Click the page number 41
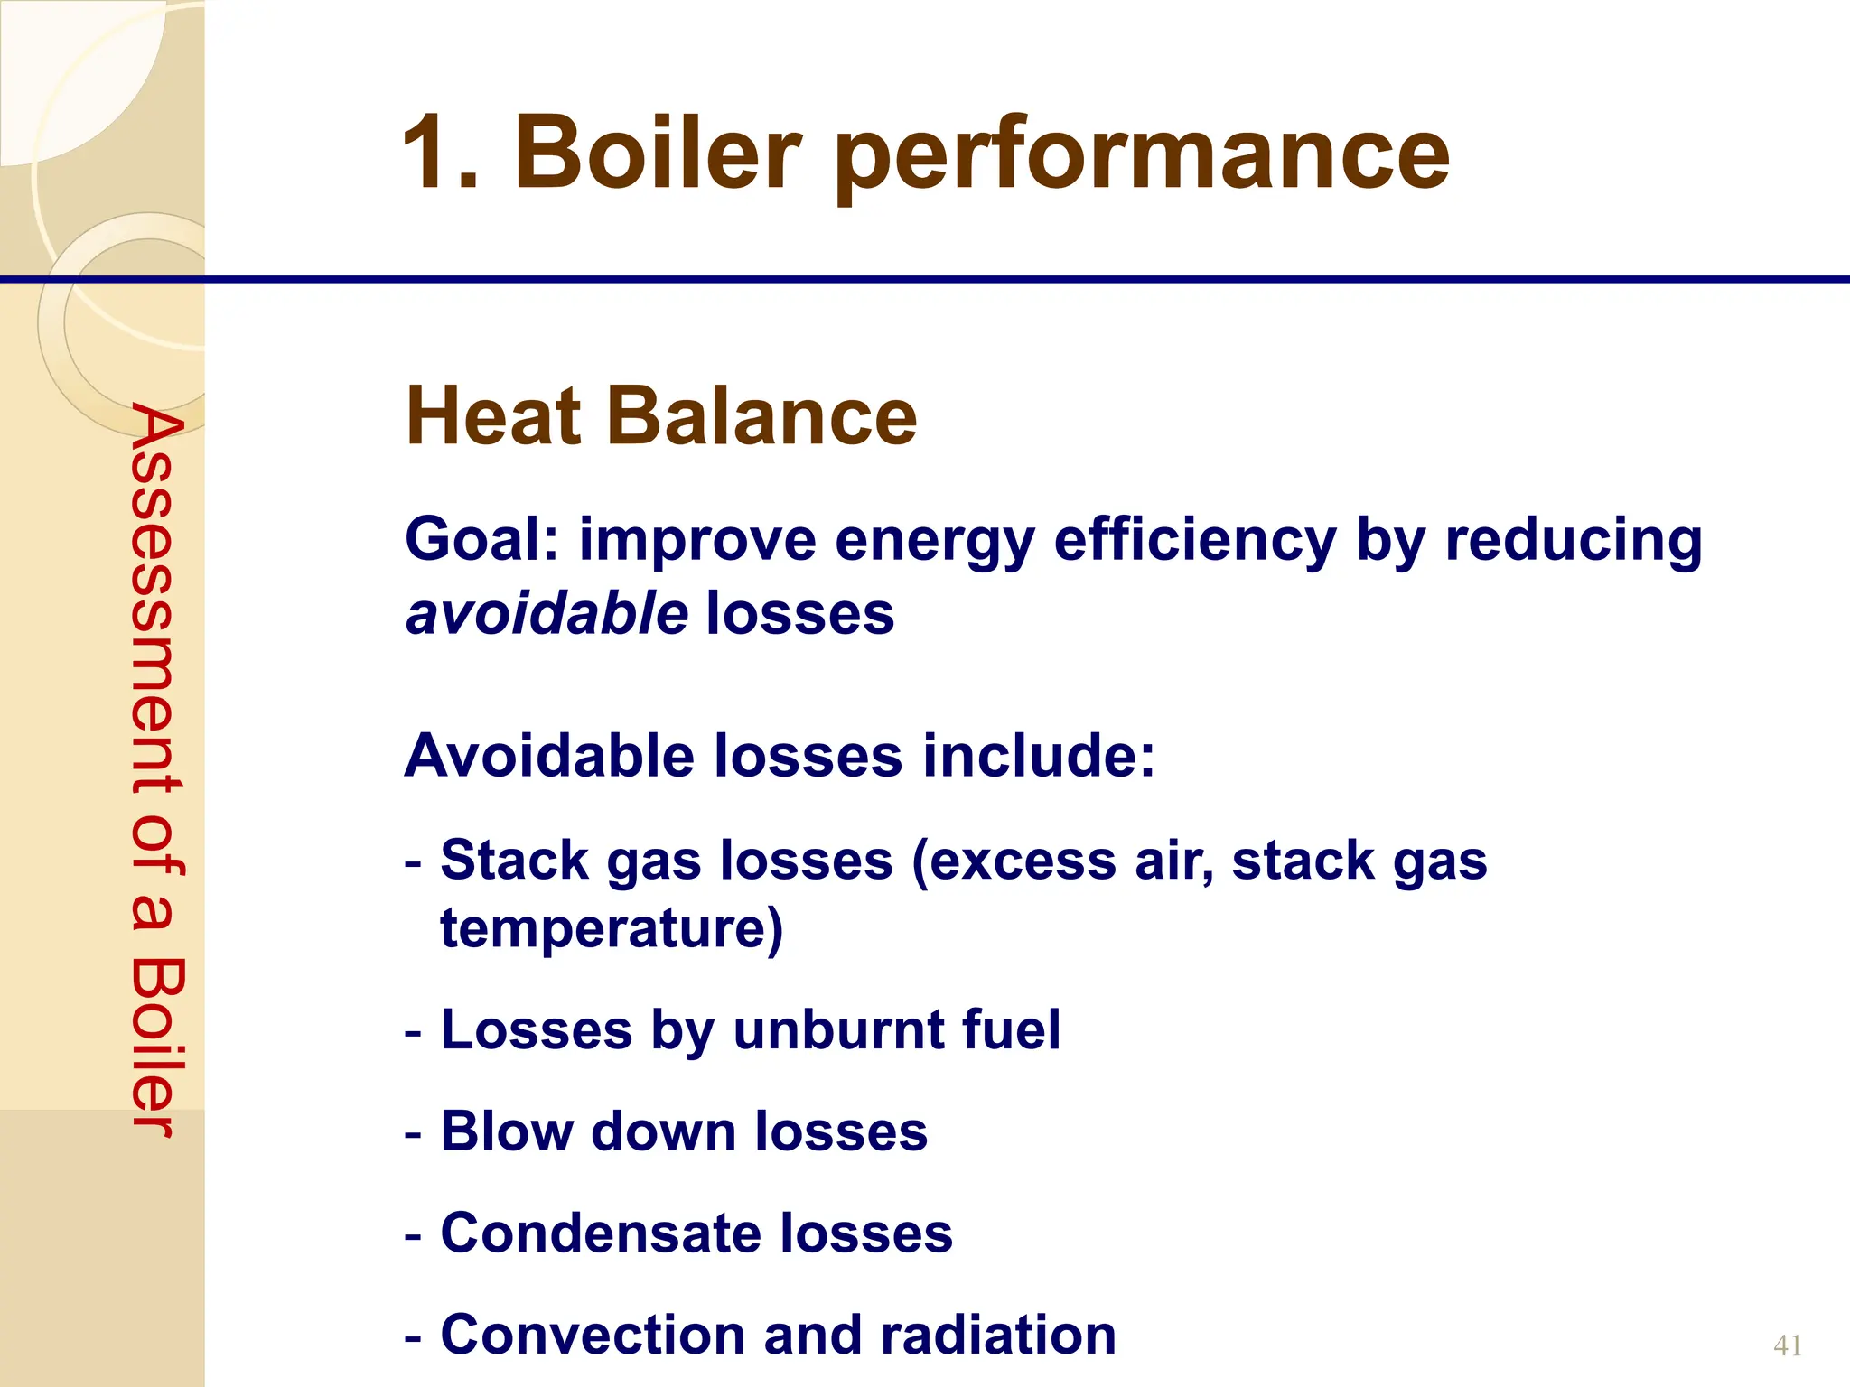click(1788, 1345)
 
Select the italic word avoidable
click(547, 614)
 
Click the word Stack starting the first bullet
click(514, 860)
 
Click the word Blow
click(505, 1131)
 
